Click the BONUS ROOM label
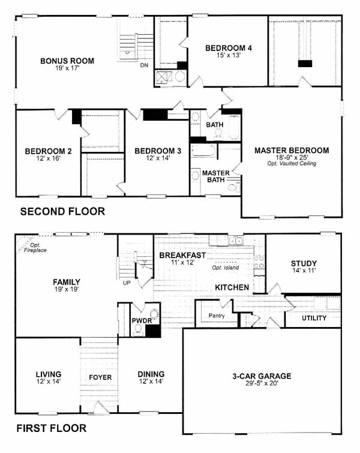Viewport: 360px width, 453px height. pyautogui.click(x=67, y=61)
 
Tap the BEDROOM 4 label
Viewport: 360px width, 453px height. pyautogui.click(x=228, y=48)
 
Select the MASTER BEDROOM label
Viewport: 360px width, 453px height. pyautogui.click(x=292, y=151)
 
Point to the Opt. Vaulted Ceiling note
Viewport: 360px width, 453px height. pyautogui.click(x=292, y=164)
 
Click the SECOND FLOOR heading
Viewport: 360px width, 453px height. pyautogui.click(x=62, y=211)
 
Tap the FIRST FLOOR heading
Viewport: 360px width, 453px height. pyautogui.click(x=52, y=428)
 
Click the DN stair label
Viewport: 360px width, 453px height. pyautogui.click(x=144, y=65)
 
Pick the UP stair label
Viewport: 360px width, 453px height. pyautogui.click(x=127, y=283)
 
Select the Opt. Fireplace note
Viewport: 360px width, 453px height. pyautogui.click(x=35, y=248)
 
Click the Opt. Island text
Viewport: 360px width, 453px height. pyautogui.click(x=226, y=268)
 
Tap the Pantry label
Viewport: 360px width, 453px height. pyautogui.click(x=217, y=316)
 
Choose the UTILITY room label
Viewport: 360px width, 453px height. pyautogui.click(x=314, y=318)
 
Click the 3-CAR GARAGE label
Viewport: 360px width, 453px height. pyautogui.click(x=262, y=376)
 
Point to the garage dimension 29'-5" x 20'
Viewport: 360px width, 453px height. pyautogui.click(x=262, y=383)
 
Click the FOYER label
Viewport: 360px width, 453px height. pyautogui.click(x=100, y=377)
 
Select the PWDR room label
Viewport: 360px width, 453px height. pyautogui.click(x=142, y=320)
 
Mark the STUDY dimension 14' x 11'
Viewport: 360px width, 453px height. pyautogui.click(x=304, y=271)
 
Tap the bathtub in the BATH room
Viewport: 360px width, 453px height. pyautogui.click(x=234, y=127)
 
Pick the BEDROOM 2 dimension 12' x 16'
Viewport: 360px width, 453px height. pyautogui.click(x=48, y=158)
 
